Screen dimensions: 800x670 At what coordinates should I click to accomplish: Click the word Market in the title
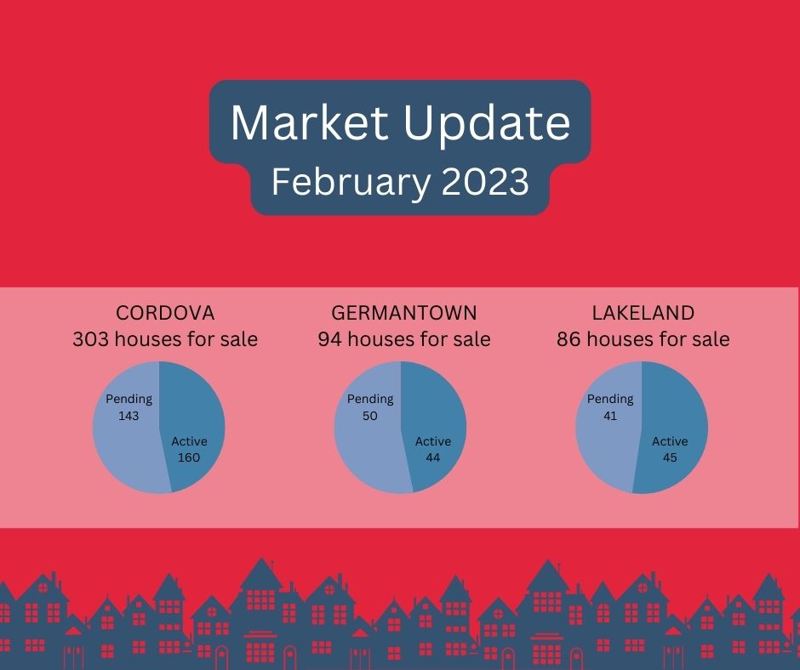[309, 122]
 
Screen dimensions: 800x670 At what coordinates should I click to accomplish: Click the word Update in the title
[487, 126]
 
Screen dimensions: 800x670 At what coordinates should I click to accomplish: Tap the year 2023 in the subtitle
[485, 181]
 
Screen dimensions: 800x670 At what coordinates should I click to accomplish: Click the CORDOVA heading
[165, 313]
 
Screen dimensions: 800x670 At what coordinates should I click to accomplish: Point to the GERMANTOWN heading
[404, 313]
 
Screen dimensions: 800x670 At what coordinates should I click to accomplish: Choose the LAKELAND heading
[643, 313]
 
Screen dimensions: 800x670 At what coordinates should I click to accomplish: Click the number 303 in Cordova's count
[90, 339]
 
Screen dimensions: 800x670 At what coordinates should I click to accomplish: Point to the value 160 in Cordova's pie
[189, 457]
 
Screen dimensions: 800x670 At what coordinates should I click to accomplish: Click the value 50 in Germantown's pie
[370, 416]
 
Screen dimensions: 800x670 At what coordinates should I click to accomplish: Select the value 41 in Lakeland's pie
[610, 416]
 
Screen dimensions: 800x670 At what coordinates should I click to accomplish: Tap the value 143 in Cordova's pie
[129, 416]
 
